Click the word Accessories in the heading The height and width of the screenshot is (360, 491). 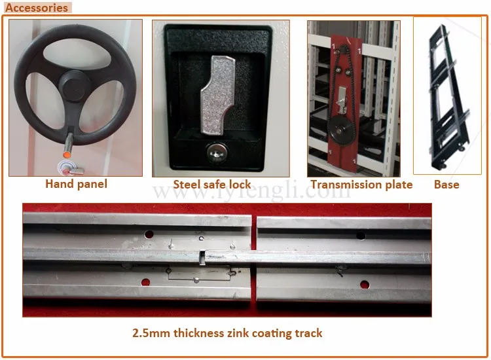click(37, 8)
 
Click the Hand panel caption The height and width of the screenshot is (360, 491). click(76, 184)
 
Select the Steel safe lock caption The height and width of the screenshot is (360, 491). click(211, 185)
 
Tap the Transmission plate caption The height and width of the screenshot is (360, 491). click(361, 185)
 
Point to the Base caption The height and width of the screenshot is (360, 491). click(446, 185)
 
